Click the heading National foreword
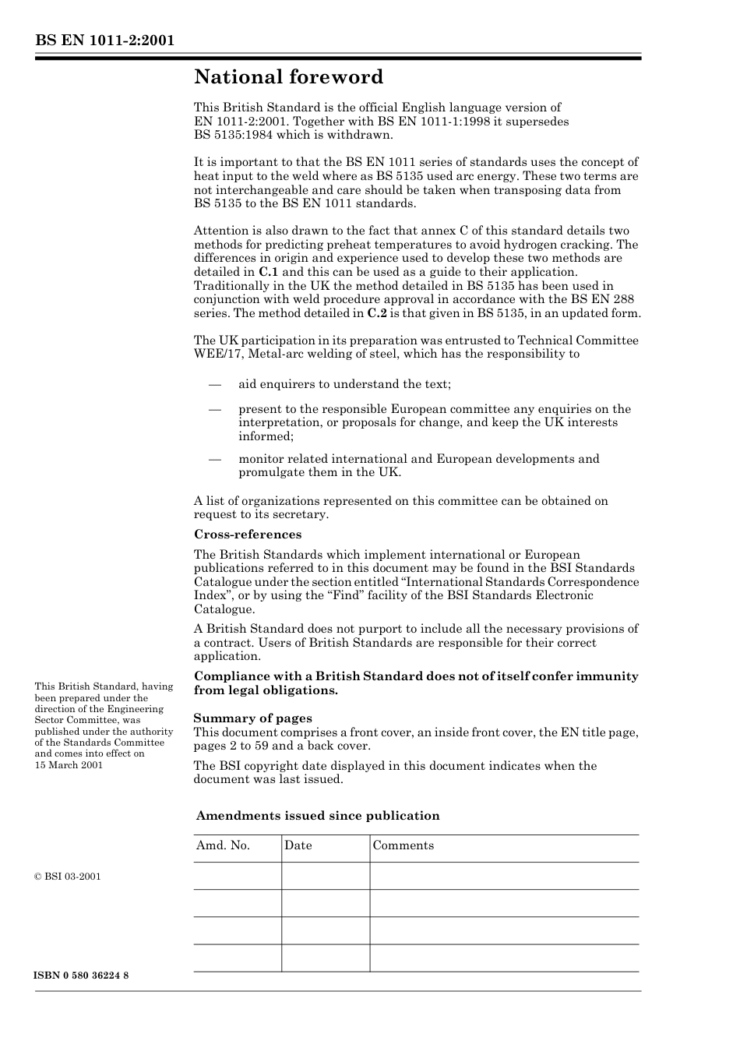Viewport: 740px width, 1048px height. (288, 77)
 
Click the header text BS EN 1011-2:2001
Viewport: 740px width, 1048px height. (104, 41)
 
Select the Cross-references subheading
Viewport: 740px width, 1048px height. (247, 535)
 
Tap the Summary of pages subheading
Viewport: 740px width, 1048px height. (252, 718)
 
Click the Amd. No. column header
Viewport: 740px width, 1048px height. (223, 845)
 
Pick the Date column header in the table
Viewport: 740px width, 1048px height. (298, 845)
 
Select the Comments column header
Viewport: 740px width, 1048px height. (403, 845)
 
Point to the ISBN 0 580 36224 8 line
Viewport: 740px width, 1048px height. (82, 976)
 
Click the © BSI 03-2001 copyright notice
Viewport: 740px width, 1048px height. (68, 877)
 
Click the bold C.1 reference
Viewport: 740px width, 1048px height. (268, 272)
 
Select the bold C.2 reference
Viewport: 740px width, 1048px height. (377, 313)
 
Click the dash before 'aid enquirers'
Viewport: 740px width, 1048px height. (215, 384)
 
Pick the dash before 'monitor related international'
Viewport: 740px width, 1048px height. (215, 459)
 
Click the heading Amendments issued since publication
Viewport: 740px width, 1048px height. (317, 816)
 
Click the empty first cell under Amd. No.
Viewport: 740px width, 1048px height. (237, 876)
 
